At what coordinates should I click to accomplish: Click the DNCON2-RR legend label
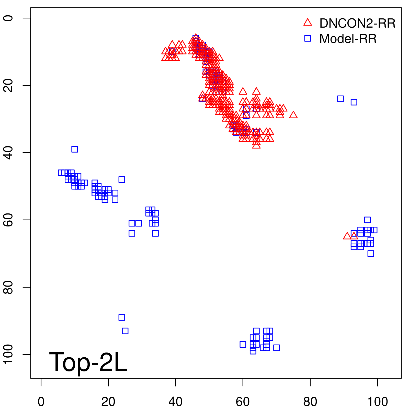(x=357, y=24)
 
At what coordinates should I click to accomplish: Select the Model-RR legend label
(x=348, y=39)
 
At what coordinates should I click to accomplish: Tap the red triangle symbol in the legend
(x=308, y=22)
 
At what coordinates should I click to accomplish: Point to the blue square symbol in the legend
(x=308, y=38)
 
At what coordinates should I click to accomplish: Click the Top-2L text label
(x=88, y=362)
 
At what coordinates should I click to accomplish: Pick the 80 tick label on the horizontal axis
(x=310, y=402)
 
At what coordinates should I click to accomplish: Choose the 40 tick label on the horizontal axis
(x=176, y=402)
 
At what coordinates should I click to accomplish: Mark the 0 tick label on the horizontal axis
(x=41, y=402)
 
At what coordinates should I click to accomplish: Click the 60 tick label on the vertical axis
(x=8, y=220)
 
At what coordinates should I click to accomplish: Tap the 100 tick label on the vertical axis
(x=8, y=354)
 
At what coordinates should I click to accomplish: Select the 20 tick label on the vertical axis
(x=8, y=85)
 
